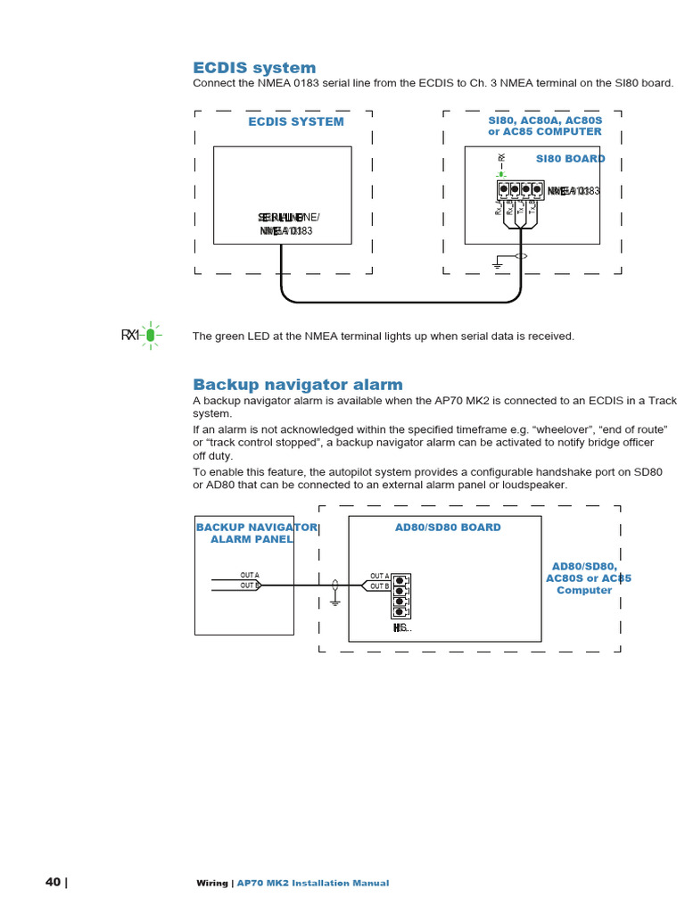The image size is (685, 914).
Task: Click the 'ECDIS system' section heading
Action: [254, 68]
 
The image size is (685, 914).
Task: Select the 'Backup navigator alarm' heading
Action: [298, 385]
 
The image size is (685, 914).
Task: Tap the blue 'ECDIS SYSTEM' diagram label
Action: [295, 121]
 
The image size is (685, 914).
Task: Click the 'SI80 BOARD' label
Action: [570, 159]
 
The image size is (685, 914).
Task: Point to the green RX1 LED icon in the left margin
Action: [150, 335]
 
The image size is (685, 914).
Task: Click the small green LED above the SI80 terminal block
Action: [501, 174]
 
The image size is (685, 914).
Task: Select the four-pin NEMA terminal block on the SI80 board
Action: [520, 189]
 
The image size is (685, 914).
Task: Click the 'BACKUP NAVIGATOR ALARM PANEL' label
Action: [256, 533]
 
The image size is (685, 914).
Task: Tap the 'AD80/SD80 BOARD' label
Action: [448, 528]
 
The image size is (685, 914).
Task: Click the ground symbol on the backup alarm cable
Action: [334, 600]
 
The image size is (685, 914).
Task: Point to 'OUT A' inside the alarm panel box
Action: [249, 576]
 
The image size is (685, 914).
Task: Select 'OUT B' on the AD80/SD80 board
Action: [379, 586]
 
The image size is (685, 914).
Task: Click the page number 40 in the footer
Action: [54, 883]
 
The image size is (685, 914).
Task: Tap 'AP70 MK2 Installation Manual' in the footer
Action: [312, 884]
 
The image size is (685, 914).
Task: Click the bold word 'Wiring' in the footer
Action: [212, 884]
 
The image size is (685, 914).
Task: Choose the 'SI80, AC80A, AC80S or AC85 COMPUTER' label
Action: [544, 126]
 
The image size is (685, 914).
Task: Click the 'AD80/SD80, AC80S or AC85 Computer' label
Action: [584, 578]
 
